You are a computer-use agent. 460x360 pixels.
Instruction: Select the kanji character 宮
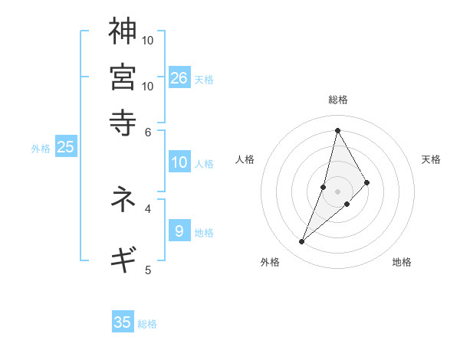tap(123, 77)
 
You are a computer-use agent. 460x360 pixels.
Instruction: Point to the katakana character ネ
tap(123, 200)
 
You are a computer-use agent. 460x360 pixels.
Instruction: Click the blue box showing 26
tap(179, 77)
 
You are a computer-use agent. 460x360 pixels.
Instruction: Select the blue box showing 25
tap(65, 147)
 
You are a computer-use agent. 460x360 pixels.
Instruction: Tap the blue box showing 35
tap(123, 322)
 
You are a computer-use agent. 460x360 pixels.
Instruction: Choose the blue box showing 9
tap(179, 231)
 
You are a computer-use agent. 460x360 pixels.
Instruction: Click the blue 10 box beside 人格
tap(179, 162)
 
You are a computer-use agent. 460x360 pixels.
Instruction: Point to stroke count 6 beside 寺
tap(149, 131)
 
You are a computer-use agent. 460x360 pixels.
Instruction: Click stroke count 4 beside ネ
tap(149, 208)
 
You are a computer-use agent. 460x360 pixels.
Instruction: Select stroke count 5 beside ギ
tap(149, 269)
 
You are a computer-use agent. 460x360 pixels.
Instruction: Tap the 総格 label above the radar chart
tap(337, 100)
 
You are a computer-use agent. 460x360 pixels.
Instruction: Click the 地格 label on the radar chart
tap(402, 263)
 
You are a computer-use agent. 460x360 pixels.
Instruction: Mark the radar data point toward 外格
tap(301, 242)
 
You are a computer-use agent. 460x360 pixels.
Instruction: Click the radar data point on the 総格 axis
tap(337, 129)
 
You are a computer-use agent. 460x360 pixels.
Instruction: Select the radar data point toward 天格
tap(367, 182)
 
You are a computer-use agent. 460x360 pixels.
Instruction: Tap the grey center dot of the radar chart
tap(337, 191)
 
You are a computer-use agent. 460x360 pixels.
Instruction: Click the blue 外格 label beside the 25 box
tap(41, 149)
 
